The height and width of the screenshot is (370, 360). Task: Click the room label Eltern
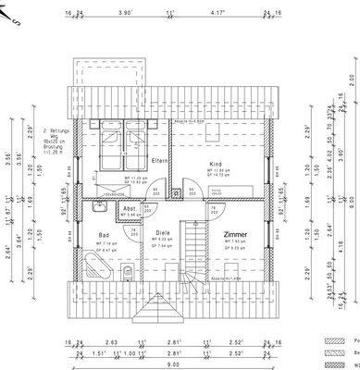pyautogui.click(x=160, y=162)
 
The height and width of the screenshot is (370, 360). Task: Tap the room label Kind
pyautogui.click(x=216, y=163)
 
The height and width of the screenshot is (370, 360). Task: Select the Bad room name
pyautogui.click(x=104, y=235)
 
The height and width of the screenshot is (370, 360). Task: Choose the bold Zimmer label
pyautogui.click(x=236, y=236)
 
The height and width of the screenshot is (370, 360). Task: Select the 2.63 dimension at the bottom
pyautogui.click(x=111, y=341)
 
